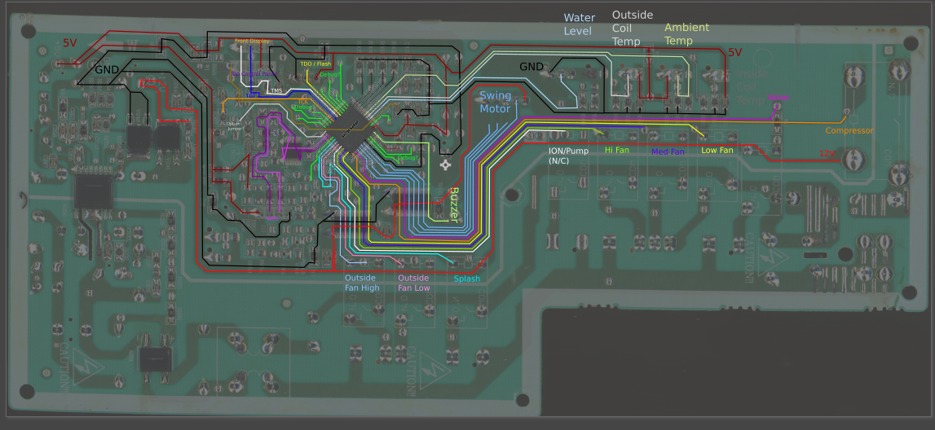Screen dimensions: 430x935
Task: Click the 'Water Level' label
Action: [x=579, y=24]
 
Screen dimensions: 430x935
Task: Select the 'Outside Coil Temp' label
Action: [x=632, y=28]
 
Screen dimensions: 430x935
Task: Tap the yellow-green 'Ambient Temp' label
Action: [x=686, y=34]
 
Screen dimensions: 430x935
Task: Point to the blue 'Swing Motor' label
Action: [x=495, y=102]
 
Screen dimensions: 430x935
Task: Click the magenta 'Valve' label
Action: [x=778, y=98]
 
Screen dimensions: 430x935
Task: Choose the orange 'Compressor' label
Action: [x=849, y=130]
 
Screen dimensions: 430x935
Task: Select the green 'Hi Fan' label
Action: [x=617, y=150]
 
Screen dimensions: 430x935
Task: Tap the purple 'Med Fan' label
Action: [x=668, y=151]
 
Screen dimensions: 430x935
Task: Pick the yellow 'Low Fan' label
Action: [x=717, y=150]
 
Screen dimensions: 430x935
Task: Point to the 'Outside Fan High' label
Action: [x=362, y=283]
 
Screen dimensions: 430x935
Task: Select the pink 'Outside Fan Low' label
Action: [x=413, y=283]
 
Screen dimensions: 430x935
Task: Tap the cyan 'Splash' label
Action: [x=467, y=279]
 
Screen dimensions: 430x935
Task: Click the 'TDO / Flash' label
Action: [x=315, y=64]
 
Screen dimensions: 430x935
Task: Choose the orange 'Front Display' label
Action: [x=252, y=41]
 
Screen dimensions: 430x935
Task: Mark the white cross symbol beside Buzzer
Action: [x=445, y=165]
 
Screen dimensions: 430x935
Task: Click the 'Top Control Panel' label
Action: [x=254, y=74]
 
